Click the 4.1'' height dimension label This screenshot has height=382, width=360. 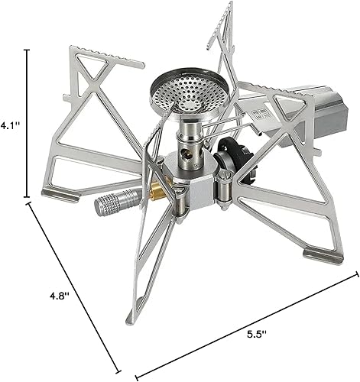pos(9,122)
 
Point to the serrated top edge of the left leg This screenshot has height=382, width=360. pos(107,56)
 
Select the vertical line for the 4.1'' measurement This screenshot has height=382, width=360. pos(28,122)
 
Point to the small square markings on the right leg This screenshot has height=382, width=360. pos(262,113)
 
